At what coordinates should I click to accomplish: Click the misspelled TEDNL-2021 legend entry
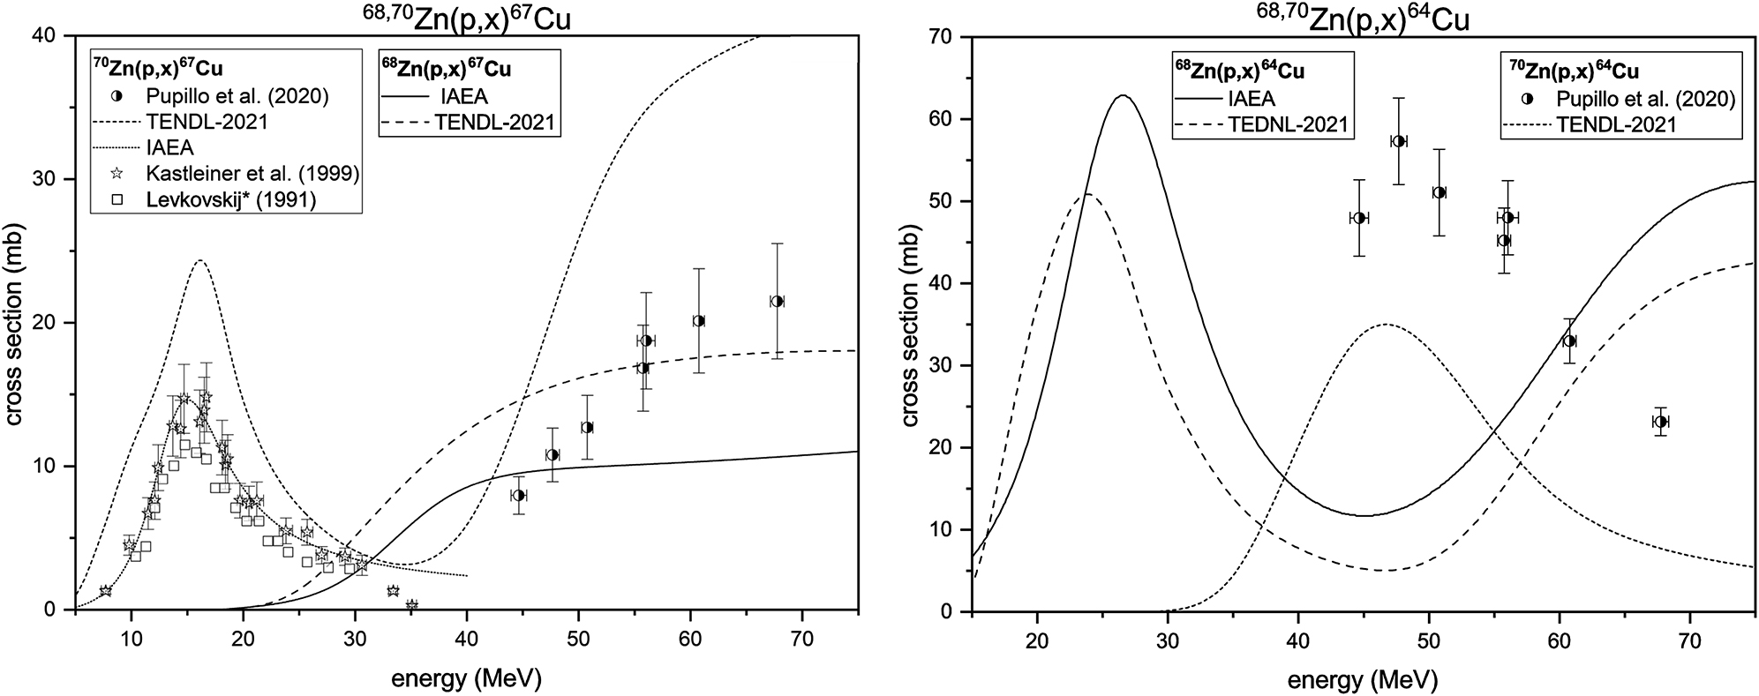(1288, 124)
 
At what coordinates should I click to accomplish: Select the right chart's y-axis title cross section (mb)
(910, 323)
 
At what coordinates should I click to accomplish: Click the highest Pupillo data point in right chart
(1399, 141)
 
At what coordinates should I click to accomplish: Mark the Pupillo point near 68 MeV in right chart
(1660, 422)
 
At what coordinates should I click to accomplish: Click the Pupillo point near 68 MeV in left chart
(777, 301)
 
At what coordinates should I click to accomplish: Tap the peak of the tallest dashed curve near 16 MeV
(199, 260)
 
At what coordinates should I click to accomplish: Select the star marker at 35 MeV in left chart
(411, 605)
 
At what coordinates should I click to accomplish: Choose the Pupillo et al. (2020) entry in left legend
(236, 97)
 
